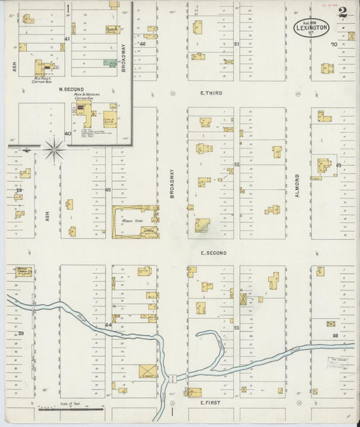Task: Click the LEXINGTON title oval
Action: coord(313,28)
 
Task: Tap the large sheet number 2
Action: coord(343,12)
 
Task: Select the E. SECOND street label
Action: coord(213,253)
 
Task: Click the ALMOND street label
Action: coord(296,182)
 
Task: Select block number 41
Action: coord(66,39)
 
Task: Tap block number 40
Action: coord(68,133)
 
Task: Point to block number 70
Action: coord(333,45)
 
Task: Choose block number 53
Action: coord(236,328)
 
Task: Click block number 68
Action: coord(334,334)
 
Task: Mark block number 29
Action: coord(20,333)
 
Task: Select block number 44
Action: coord(108,325)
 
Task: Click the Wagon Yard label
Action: coord(130,221)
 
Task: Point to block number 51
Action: coord(236,45)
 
